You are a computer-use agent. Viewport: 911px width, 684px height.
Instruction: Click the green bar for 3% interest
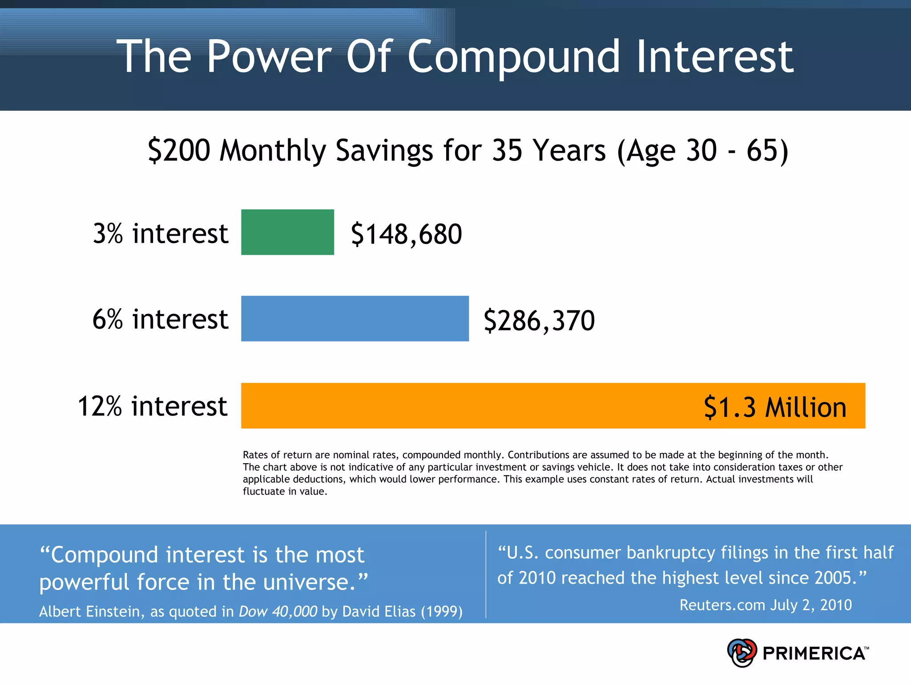[287, 232]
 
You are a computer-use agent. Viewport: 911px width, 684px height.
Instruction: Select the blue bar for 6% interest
[355, 318]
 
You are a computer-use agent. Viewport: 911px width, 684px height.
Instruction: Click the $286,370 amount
[539, 320]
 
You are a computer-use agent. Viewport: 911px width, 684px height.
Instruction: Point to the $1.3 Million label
[774, 407]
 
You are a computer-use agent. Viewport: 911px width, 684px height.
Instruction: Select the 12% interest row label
[152, 406]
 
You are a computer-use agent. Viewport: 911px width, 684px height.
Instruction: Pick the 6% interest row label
[160, 319]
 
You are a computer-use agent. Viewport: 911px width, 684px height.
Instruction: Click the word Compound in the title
[513, 57]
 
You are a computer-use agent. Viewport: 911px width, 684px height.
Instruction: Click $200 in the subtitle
[179, 150]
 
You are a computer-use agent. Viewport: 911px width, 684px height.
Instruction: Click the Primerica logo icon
[742, 653]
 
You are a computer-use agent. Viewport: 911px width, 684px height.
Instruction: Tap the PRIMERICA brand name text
[814, 653]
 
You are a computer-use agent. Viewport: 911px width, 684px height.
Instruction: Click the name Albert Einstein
[91, 611]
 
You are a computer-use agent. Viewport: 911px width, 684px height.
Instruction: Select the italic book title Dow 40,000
[278, 611]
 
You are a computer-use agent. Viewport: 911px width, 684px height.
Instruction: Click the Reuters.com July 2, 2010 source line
[765, 605]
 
